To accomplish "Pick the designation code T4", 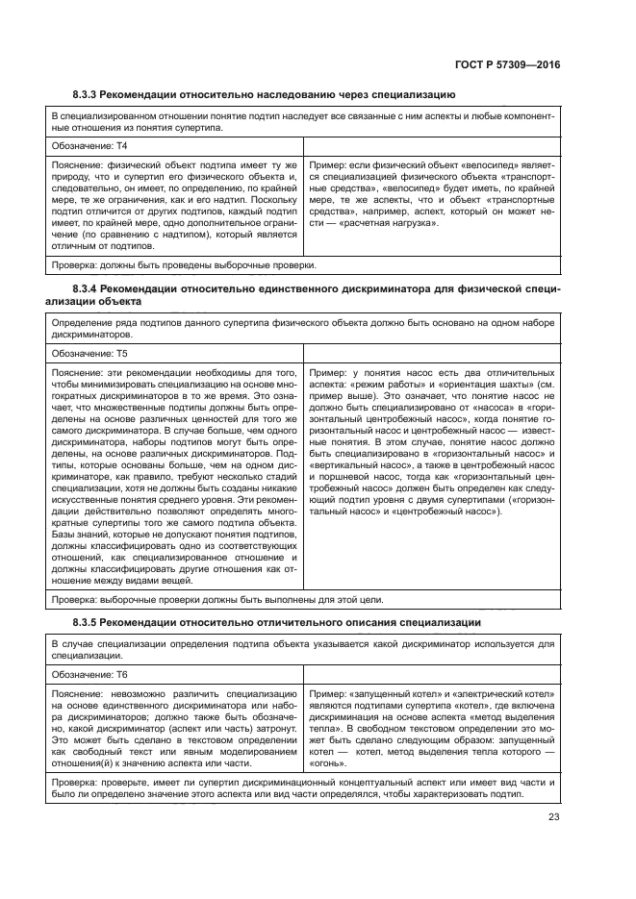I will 121,146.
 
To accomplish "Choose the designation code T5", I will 121,354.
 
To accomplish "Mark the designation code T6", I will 121,675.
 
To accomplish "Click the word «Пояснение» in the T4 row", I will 79,165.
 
